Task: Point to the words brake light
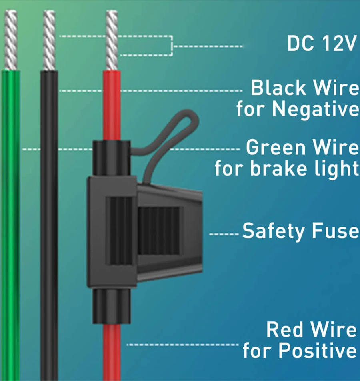[305, 168]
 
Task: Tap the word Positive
[318, 350]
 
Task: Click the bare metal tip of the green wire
[11, 40]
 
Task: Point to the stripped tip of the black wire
[49, 40]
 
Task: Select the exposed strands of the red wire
[112, 40]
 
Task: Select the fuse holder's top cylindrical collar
[112, 158]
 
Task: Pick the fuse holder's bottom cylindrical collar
[112, 307]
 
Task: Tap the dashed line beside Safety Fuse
[224, 234]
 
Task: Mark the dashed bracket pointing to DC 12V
[172, 46]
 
